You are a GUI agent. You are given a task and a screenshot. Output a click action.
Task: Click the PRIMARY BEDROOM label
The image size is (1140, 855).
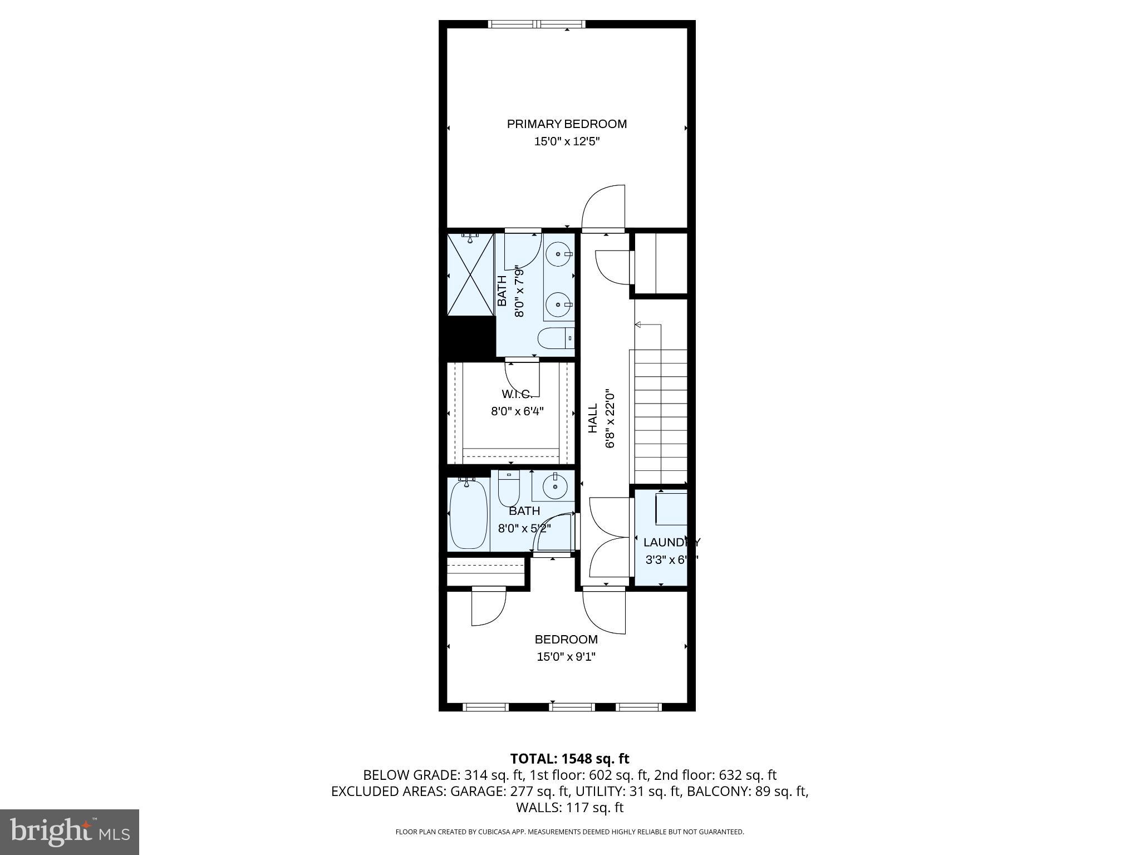click(567, 124)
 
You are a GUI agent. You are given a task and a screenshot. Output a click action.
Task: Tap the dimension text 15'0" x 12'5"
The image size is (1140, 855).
click(567, 141)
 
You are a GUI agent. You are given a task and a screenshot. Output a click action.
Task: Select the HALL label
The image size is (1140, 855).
click(593, 418)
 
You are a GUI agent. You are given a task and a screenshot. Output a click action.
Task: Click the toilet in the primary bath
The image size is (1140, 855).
click(554, 338)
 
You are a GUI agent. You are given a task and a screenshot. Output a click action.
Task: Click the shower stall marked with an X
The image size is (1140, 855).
click(470, 275)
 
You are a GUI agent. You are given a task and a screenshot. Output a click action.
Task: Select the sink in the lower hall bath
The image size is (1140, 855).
click(554, 486)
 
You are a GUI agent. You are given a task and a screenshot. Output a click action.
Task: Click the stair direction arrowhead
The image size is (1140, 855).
click(638, 325)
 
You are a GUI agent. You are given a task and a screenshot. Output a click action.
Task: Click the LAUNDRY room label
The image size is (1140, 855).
click(671, 542)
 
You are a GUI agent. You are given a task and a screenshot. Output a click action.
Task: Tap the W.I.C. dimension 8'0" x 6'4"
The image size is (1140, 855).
click(517, 411)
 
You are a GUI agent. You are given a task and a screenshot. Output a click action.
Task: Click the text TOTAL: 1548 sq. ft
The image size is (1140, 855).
click(569, 759)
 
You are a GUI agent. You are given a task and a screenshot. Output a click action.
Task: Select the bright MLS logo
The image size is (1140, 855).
click(70, 832)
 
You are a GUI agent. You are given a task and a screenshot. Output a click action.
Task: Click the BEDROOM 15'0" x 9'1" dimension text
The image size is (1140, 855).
click(566, 657)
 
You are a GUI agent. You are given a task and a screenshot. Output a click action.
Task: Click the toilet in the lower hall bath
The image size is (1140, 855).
click(508, 489)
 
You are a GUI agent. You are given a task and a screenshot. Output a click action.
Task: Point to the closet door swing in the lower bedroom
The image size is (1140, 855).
click(488, 607)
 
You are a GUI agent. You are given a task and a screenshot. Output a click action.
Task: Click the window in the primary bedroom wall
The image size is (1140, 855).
click(537, 24)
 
